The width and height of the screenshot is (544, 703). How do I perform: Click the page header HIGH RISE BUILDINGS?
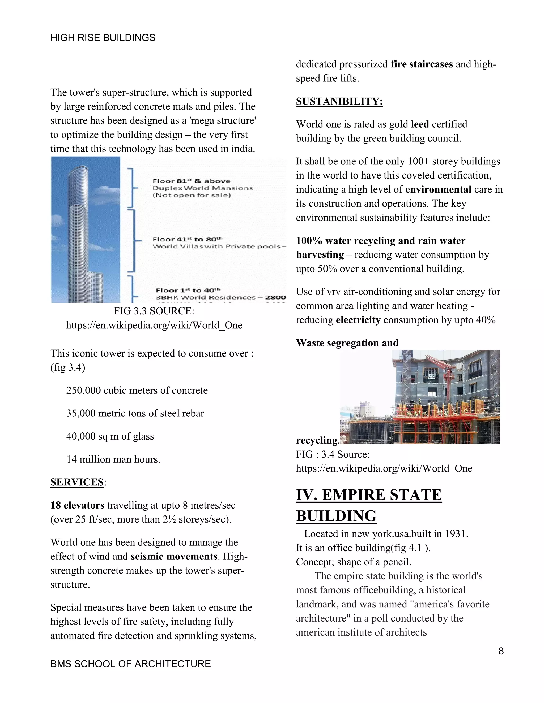tap(103, 38)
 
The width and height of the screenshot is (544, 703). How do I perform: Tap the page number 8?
tap(501, 651)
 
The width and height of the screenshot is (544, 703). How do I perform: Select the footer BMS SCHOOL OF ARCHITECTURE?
tap(130, 664)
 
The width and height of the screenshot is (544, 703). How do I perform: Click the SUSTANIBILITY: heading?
tap(339, 101)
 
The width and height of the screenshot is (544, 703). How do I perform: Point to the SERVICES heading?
tap(77, 482)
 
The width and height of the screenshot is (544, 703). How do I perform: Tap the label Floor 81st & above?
tap(192, 181)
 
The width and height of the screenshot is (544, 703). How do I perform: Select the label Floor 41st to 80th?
tap(187, 239)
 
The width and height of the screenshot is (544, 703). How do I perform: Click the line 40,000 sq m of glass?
tap(110, 436)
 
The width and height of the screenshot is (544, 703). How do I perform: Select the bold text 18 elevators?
tap(77, 505)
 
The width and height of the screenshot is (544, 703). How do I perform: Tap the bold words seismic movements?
tap(174, 556)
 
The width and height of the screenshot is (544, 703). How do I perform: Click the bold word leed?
tap(420, 124)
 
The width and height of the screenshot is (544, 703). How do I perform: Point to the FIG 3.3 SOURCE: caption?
tap(154, 311)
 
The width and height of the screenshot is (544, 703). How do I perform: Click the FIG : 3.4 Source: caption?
tap(333, 454)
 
